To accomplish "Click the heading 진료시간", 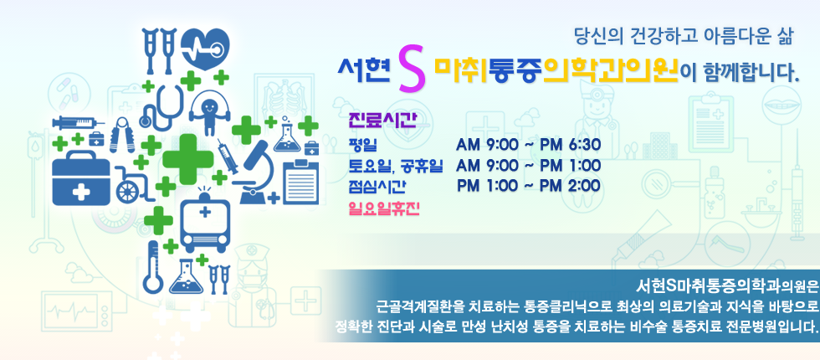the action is [x=382, y=121].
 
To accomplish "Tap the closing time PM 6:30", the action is [x=570, y=144].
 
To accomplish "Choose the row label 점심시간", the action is [x=377, y=186].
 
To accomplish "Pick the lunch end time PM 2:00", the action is [x=570, y=186].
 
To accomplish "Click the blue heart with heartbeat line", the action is [x=206, y=49].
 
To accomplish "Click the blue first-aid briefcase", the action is [x=81, y=177].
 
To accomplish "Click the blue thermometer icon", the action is [x=153, y=267].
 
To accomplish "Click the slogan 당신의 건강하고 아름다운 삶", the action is [x=684, y=37].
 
